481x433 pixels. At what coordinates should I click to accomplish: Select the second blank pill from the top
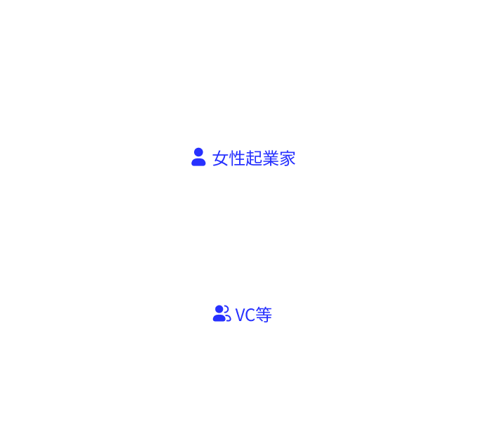(x=232, y=55)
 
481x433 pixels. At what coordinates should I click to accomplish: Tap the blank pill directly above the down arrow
(x=240, y=92)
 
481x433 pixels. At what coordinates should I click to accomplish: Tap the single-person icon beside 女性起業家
(x=198, y=157)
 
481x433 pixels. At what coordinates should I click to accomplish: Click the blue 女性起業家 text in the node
(x=254, y=158)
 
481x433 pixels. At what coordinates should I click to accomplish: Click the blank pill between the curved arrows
(x=241, y=237)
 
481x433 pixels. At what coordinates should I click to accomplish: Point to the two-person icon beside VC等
(x=222, y=313)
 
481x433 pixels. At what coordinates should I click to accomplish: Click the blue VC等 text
(x=253, y=314)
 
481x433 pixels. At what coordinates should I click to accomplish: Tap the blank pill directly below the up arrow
(x=241, y=376)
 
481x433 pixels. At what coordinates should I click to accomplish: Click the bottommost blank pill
(x=240, y=413)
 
